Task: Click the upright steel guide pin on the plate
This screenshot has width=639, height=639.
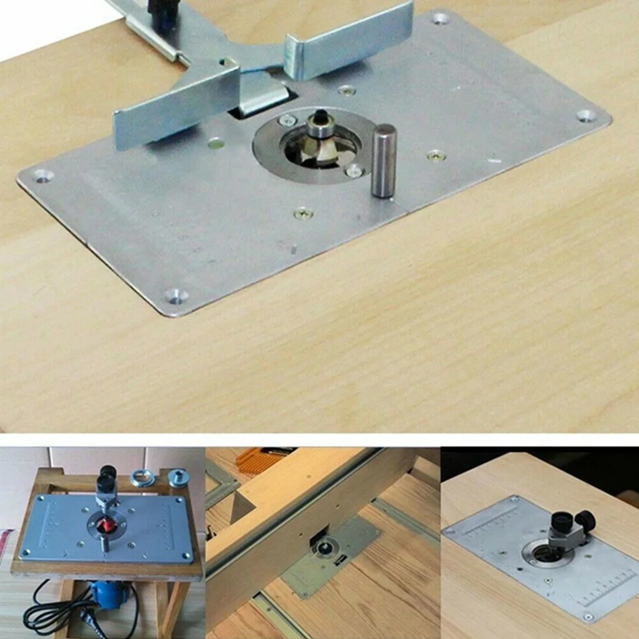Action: click(384, 160)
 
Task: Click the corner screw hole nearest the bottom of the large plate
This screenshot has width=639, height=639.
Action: click(176, 295)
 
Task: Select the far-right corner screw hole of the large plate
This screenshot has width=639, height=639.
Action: click(585, 116)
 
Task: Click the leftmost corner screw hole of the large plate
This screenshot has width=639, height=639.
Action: click(43, 175)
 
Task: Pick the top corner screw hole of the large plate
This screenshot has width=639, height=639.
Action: click(440, 19)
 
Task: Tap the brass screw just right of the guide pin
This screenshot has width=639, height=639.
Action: click(436, 154)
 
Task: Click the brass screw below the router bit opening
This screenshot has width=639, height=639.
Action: click(303, 213)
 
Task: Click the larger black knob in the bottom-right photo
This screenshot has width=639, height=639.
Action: click(562, 523)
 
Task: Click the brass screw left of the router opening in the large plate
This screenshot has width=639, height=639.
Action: click(216, 143)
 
